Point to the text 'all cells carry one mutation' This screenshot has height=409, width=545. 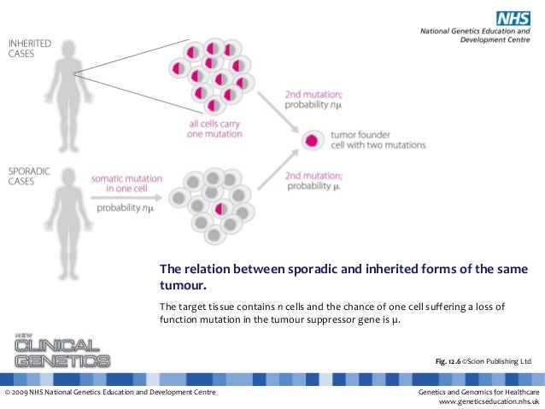click(215, 129)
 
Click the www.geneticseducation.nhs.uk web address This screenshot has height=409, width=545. click(488, 401)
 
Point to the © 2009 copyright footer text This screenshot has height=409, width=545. click(108, 391)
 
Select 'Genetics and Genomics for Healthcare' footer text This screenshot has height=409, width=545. click(478, 391)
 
